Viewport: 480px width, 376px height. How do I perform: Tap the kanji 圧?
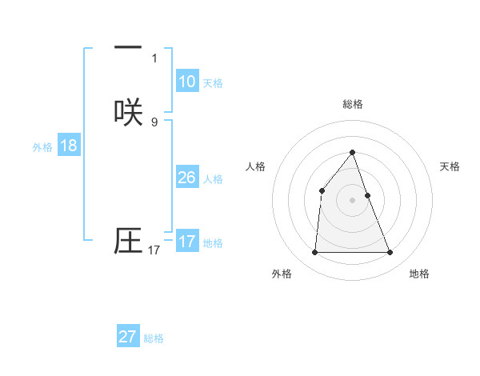128,241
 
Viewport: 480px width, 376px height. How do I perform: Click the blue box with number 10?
186,82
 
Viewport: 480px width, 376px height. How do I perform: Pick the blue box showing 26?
186,178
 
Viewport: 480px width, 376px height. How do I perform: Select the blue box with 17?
186,242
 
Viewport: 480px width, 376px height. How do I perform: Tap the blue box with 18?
68,146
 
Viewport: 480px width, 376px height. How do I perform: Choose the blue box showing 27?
128,337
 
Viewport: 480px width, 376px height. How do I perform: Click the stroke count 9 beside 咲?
154,122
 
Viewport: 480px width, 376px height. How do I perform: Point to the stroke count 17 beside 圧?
154,250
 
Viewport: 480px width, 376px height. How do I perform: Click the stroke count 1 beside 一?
154,58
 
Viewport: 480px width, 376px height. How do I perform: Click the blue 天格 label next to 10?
213,83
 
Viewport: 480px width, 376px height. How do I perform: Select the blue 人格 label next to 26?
213,179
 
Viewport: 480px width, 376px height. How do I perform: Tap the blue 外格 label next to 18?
42,147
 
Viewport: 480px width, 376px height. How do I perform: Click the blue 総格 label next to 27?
154,338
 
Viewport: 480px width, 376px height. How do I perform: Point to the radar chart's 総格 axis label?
352,104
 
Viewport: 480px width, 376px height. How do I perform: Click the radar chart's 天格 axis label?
450,166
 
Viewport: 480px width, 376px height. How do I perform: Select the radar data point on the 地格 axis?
390,253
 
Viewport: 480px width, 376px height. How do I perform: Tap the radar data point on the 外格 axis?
314,253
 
